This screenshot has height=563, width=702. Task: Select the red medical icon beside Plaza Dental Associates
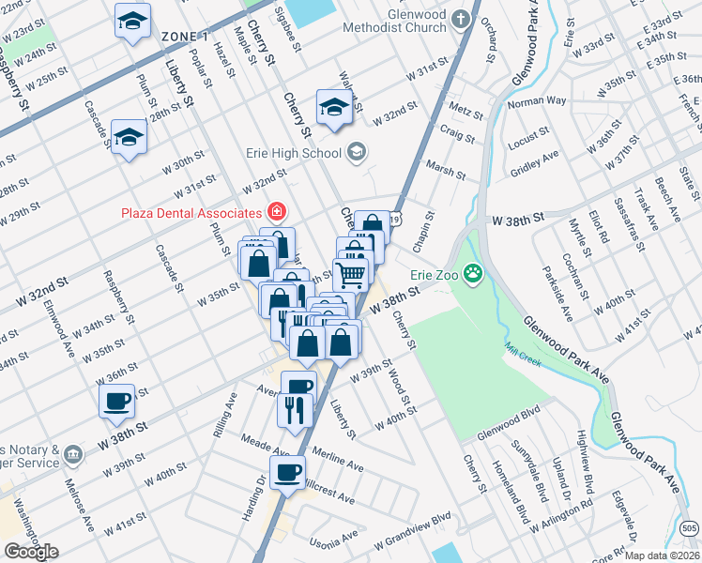pos(276,212)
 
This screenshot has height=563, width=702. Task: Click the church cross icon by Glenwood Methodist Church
pos(460,18)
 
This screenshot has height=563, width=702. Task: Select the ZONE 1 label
pos(184,37)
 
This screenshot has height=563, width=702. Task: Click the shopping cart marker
pos(351,273)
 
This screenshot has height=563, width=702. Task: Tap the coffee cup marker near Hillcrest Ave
pos(287,471)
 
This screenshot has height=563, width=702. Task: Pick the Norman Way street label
pos(537,100)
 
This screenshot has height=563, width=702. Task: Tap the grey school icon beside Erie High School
pos(357,150)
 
